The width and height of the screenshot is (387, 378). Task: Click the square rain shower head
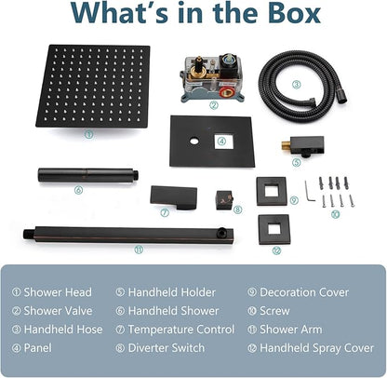[93, 86]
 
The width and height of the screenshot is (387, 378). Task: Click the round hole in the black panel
[194, 142]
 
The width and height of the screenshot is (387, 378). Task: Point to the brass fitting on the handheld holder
[286, 144]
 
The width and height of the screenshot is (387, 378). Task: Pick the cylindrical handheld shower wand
[88, 175]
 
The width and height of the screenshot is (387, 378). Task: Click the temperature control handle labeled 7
[174, 196]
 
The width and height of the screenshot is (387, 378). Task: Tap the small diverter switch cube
[224, 199]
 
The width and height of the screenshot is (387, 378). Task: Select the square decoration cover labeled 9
[272, 191]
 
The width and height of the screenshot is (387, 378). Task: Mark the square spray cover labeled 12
[274, 229]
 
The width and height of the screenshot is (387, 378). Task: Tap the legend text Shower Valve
[58, 311]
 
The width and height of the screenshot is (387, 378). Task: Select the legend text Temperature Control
[181, 330]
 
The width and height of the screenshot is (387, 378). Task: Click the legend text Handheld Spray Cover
[317, 348]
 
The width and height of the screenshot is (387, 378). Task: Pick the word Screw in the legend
[274, 311]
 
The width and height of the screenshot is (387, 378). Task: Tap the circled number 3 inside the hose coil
[297, 85]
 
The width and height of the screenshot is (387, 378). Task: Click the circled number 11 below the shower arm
[139, 250]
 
